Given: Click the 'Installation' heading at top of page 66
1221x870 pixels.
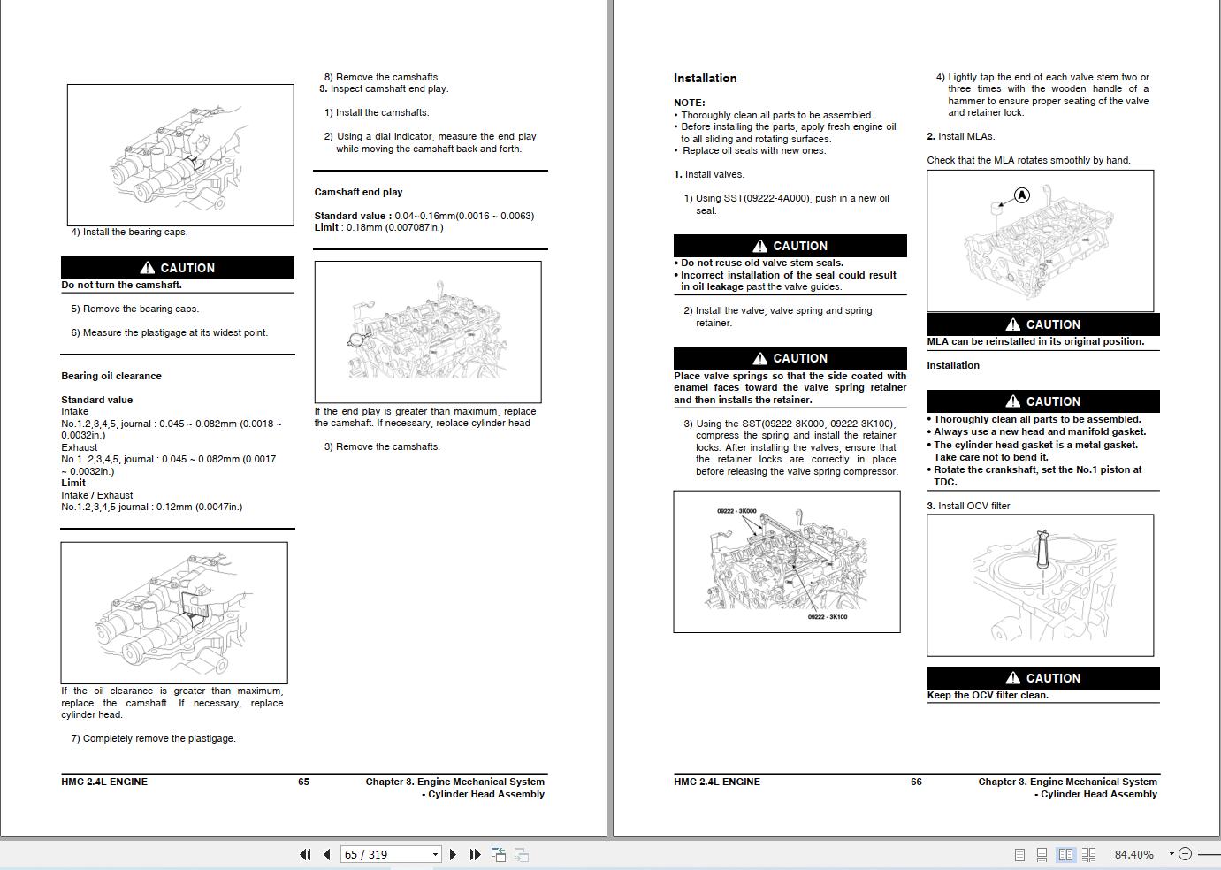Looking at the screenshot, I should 705,79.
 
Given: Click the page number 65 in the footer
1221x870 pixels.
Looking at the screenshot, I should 303,782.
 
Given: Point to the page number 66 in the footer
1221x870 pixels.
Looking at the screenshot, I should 916,782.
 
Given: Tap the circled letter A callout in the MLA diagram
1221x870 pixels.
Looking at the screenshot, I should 1021,195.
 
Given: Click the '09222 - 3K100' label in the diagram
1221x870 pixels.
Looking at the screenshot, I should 827,617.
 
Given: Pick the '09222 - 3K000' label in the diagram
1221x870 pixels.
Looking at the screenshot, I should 736,511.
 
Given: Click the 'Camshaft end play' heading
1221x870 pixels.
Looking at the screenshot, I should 358,192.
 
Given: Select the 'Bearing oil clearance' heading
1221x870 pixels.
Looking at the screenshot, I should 111,376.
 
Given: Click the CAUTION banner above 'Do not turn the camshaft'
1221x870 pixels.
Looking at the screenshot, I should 177,268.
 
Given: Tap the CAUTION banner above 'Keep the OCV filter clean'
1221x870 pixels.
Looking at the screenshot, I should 1042,678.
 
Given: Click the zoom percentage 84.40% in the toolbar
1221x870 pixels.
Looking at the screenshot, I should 1133,854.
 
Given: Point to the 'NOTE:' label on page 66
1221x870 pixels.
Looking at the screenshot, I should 690,103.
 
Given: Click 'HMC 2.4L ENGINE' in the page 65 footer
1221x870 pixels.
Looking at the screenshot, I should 104,782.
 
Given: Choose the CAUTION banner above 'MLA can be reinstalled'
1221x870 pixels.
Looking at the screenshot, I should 1042,324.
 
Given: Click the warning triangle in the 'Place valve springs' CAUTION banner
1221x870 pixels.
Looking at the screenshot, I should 759,358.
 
